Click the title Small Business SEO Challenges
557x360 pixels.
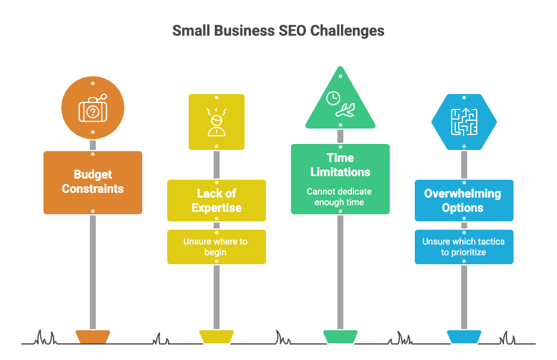pos(278,31)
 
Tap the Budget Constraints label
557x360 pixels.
pos(93,182)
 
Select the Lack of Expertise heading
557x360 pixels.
pos(217,201)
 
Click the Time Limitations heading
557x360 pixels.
pos(340,165)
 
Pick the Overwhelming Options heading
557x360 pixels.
pos(463,201)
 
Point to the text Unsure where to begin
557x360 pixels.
pos(217,247)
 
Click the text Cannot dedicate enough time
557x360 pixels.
pos(340,197)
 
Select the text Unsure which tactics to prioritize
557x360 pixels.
pos(463,247)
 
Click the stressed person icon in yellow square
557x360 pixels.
pos(217,122)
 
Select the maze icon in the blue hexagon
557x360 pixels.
pos(463,121)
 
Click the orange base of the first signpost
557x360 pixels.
pos(93,336)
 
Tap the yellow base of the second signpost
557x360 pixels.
pos(217,336)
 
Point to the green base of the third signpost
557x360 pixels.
pos(340,336)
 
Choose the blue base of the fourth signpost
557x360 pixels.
pos(464,336)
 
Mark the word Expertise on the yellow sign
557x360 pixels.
pos(217,208)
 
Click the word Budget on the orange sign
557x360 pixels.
pos(93,174)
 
